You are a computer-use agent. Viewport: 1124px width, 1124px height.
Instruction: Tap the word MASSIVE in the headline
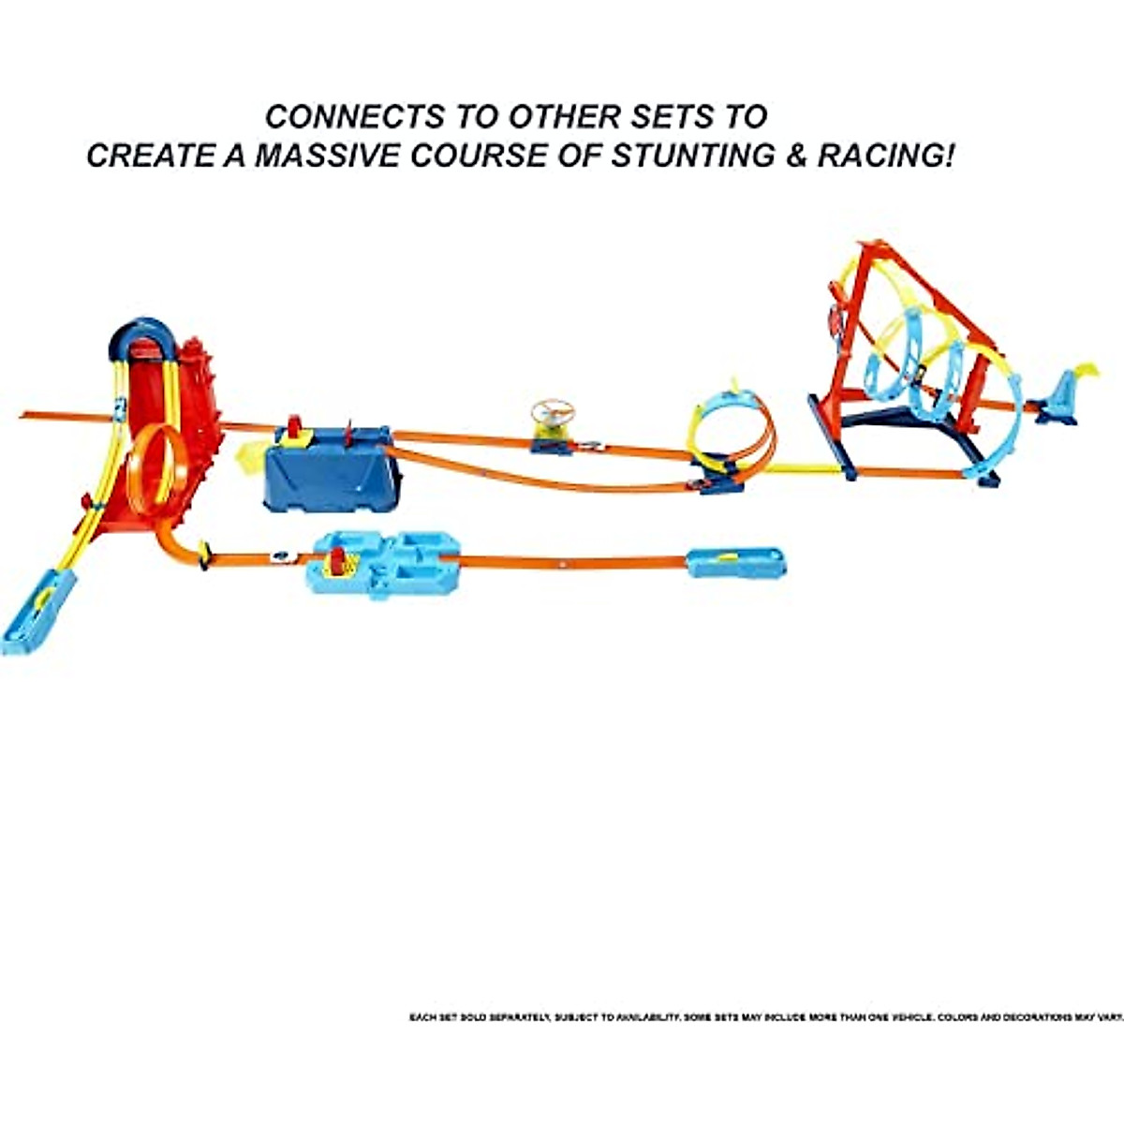pos(316,155)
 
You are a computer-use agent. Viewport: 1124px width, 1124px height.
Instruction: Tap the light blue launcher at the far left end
pos(37,614)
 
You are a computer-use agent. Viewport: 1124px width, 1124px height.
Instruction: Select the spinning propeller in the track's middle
pos(552,411)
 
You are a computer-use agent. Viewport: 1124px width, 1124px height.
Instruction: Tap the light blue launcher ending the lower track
pos(736,562)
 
